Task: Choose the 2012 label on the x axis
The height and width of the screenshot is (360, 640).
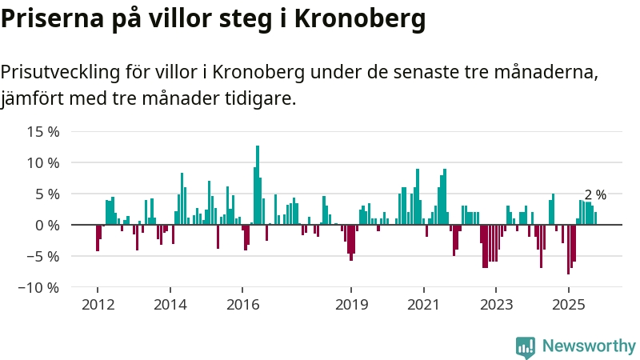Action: pyautogui.click(x=98, y=305)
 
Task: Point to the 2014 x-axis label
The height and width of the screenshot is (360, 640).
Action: pyautogui.click(x=170, y=305)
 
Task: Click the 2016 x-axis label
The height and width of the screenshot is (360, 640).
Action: pyautogui.click(x=242, y=305)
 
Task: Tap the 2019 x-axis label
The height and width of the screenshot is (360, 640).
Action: pyautogui.click(x=351, y=305)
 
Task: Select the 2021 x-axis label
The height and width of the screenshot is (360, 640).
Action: pyautogui.click(x=423, y=305)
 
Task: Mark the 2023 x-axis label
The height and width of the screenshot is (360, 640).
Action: pyautogui.click(x=496, y=305)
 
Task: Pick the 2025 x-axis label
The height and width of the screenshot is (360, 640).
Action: pyautogui.click(x=568, y=305)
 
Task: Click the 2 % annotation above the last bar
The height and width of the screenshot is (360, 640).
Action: pyautogui.click(x=595, y=194)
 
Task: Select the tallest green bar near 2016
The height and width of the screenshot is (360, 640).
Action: pyautogui.click(x=258, y=184)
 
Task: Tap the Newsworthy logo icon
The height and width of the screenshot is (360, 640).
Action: pyautogui.click(x=526, y=346)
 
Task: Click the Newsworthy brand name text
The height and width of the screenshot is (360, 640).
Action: pyautogui.click(x=589, y=346)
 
